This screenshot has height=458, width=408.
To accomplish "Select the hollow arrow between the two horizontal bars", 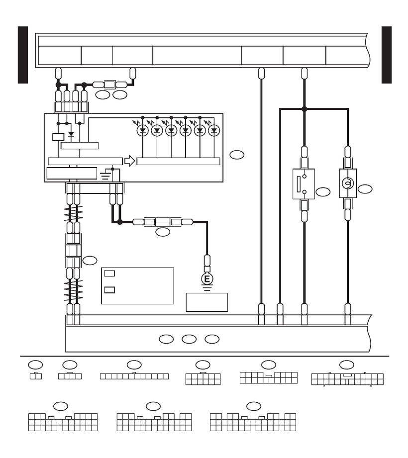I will (129, 161).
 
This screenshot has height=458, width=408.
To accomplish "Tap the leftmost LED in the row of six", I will (143, 131).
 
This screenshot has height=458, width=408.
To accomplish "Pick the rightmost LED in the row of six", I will (214, 131).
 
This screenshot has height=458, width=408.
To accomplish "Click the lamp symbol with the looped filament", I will (348, 183).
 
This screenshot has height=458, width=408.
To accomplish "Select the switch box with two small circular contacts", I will (304, 184).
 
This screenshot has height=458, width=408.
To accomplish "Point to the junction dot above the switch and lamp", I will (304, 108).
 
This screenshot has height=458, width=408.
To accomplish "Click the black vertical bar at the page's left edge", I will (22, 55).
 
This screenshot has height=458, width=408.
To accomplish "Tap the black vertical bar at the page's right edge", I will (387, 55).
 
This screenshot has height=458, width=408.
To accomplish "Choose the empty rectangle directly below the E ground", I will (207, 302).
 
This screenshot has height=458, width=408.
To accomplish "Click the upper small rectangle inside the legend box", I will (109, 273).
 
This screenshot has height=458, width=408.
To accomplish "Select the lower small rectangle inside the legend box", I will (109, 290).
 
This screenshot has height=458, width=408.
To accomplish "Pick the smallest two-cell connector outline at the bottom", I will (36, 376).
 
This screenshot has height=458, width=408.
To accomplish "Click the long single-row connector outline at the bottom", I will (134, 376).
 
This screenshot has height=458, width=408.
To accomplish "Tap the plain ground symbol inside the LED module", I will (104, 175).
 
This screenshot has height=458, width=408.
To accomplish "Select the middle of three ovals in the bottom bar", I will (189, 339).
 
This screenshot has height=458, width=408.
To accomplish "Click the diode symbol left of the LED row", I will (71, 134).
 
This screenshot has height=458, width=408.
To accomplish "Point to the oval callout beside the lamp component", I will (365, 188).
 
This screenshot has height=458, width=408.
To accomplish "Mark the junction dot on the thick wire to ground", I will (119, 222).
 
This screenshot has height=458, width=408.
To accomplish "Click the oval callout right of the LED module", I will (237, 155).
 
